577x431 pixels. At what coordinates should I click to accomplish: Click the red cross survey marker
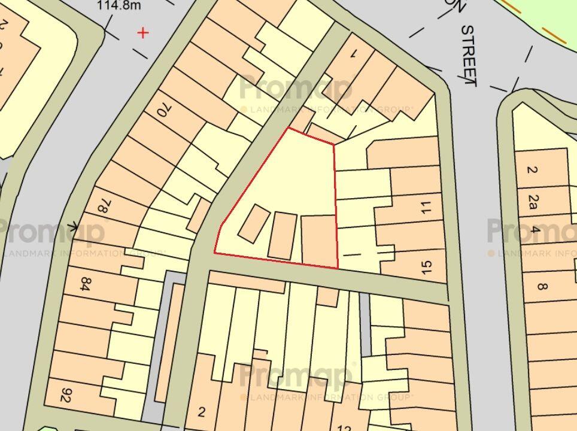(143, 32)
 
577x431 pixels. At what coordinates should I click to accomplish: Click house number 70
(162, 110)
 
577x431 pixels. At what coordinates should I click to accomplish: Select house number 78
(102, 208)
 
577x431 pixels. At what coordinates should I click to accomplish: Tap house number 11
(426, 208)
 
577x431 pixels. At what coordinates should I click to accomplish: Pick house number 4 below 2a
(535, 230)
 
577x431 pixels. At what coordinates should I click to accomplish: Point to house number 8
(542, 286)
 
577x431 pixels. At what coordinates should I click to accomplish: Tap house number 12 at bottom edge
(344, 427)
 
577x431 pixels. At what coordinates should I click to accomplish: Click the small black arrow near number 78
(73, 226)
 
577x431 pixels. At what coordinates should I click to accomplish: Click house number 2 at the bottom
(202, 412)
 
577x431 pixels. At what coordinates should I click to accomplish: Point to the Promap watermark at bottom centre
(296, 377)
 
